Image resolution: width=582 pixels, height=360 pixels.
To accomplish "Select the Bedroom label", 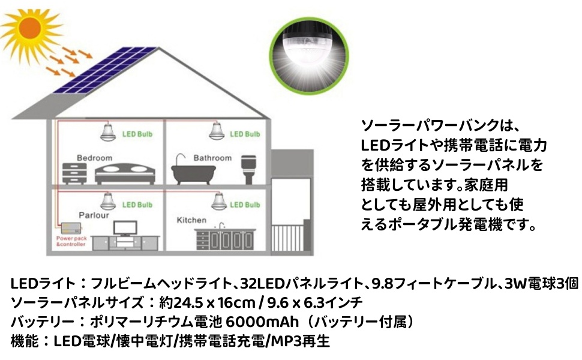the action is point(94,158).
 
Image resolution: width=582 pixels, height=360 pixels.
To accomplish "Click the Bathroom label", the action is point(212,158).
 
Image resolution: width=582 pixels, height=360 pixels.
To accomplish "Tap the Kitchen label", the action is point(191,220).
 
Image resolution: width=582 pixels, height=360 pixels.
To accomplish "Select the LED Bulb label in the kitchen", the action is point(245,205).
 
